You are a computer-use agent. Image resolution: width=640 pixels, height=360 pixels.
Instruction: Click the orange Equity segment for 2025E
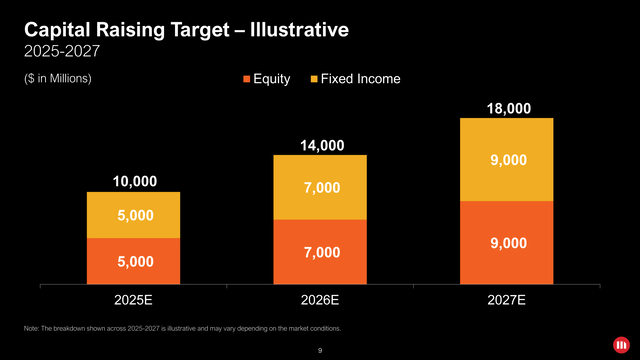[x=133, y=261]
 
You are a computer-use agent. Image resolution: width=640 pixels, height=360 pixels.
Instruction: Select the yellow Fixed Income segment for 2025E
[x=133, y=215]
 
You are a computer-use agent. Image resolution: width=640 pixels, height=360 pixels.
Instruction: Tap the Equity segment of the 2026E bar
[x=320, y=252]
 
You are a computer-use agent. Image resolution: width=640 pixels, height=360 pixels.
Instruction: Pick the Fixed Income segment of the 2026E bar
[x=320, y=188]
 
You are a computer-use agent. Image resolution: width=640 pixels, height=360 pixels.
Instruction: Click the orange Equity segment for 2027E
[x=506, y=243]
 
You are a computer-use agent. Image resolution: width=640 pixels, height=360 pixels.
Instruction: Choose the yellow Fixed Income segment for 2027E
[x=506, y=160]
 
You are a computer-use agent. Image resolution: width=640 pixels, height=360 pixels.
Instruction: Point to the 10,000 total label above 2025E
[x=134, y=181]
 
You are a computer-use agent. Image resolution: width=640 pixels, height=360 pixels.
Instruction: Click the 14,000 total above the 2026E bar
[x=321, y=145]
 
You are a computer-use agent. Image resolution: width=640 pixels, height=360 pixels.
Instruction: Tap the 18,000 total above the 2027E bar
[x=507, y=108]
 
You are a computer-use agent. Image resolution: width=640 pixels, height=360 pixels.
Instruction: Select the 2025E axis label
[x=134, y=299]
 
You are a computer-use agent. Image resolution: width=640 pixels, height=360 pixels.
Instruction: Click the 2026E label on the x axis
[x=321, y=299]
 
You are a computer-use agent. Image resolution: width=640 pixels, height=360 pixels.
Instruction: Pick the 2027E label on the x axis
[x=507, y=299]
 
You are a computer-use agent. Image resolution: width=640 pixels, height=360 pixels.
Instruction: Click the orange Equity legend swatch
[x=245, y=79]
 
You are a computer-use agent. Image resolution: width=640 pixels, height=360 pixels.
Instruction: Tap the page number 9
[x=320, y=350]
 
